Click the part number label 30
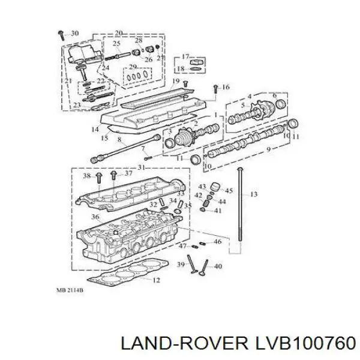tap(75, 33)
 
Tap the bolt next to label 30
tap(61, 35)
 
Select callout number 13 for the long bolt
tap(253, 194)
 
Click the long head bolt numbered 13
tap(239, 205)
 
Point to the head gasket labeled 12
tap(128, 272)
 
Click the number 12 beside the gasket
tap(156, 280)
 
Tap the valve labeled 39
tap(193, 264)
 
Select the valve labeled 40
tap(204, 268)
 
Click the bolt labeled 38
tap(99, 178)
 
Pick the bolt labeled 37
tap(113, 175)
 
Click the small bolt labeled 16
tap(215, 89)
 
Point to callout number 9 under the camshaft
tap(268, 149)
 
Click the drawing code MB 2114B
tap(70, 290)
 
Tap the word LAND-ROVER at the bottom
tap(184, 343)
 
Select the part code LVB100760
tap(305, 343)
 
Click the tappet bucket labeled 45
tap(215, 186)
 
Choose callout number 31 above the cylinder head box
tap(142, 167)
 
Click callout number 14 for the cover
tap(95, 129)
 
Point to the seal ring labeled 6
tap(281, 104)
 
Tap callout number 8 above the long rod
tap(119, 139)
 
